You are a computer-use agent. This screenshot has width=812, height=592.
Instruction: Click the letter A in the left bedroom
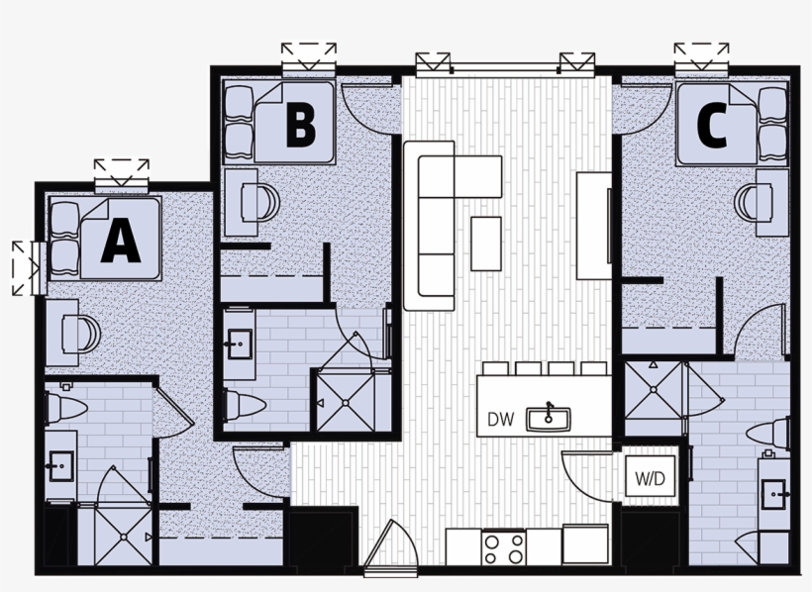tap(121, 241)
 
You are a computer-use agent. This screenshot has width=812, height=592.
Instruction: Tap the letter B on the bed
tap(300, 126)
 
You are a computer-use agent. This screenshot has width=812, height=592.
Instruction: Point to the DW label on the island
tap(500, 419)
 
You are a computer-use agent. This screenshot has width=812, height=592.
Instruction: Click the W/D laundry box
tap(650, 478)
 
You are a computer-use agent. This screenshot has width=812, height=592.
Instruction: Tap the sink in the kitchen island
tap(548, 418)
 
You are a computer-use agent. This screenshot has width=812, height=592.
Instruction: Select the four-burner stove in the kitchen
tap(503, 545)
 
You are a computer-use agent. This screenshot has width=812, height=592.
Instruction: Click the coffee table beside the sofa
tap(485, 243)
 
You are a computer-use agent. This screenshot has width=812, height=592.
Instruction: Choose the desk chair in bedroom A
tap(83, 332)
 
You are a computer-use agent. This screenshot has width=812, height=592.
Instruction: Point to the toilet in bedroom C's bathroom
tap(770, 433)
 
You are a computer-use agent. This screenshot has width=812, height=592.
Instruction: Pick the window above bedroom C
tap(701, 57)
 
